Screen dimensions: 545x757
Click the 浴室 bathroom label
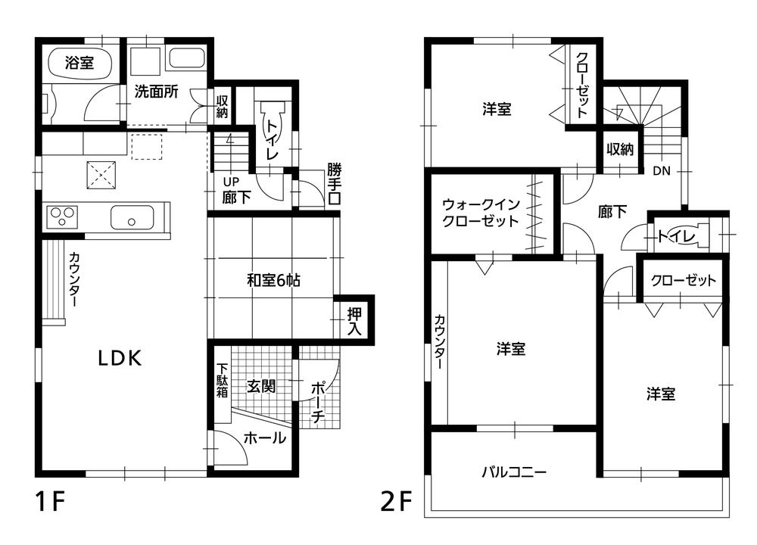tap(79, 64)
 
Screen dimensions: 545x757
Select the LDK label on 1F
tap(120, 359)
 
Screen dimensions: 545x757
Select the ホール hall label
tap(264, 438)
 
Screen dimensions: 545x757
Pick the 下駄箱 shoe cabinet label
tap(222, 381)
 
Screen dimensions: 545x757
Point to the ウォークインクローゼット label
tap(481, 213)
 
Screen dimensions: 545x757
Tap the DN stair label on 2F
tap(662, 171)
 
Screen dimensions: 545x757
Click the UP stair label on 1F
tap(231, 182)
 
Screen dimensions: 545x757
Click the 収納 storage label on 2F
tap(619, 149)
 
